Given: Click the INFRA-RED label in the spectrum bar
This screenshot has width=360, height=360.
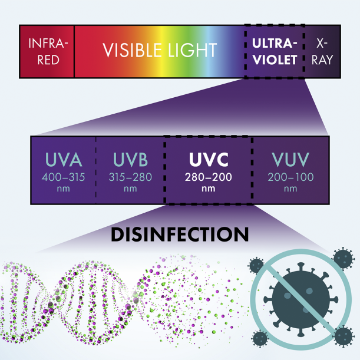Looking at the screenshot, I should point(47,51).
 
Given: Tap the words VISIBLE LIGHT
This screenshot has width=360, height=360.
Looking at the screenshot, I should point(160,51).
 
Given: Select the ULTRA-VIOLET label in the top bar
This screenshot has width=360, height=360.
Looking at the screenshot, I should point(273,51).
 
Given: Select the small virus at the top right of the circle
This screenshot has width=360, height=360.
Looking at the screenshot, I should point(341,257).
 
